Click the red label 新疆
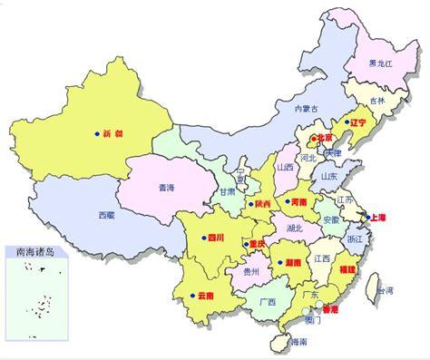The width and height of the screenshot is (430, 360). (x=114, y=133)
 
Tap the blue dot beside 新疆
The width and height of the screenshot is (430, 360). (x=96, y=133)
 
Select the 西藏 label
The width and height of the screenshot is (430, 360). (x=107, y=215)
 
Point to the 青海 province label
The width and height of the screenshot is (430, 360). (x=166, y=189)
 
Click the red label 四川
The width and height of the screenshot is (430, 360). (x=214, y=238)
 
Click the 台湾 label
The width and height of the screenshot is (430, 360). (x=385, y=292)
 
